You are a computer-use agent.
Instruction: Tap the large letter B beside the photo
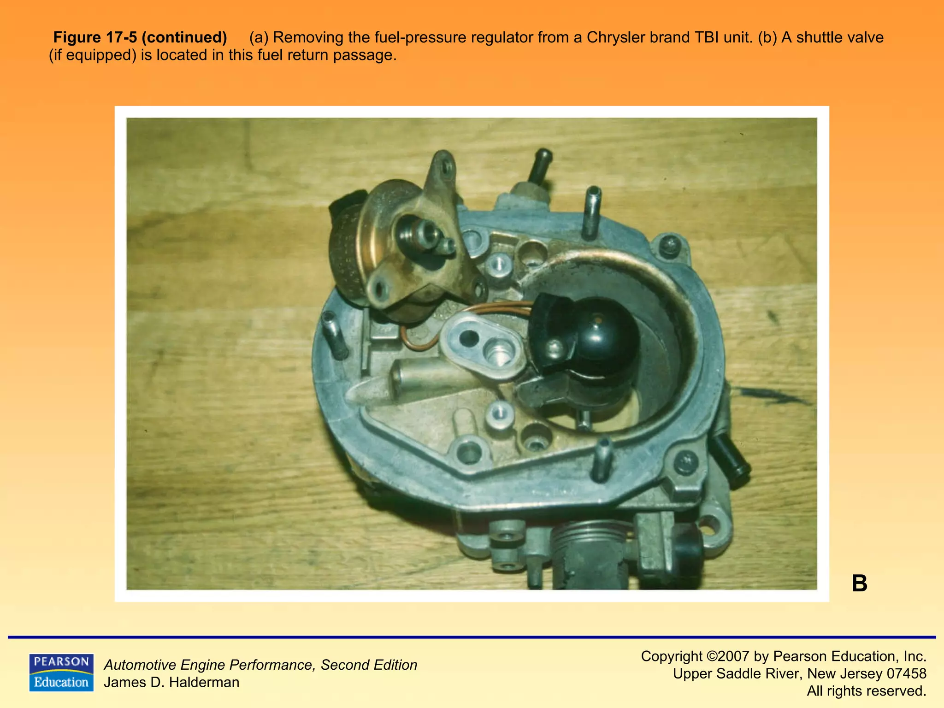click(859, 584)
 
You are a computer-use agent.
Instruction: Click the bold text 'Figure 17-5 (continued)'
click(140, 37)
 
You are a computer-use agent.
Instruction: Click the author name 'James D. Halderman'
click(171, 682)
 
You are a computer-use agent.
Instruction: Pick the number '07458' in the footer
click(906, 673)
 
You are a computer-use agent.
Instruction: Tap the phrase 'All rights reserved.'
click(866, 691)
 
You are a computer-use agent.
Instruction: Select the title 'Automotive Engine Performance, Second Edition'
click(260, 665)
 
